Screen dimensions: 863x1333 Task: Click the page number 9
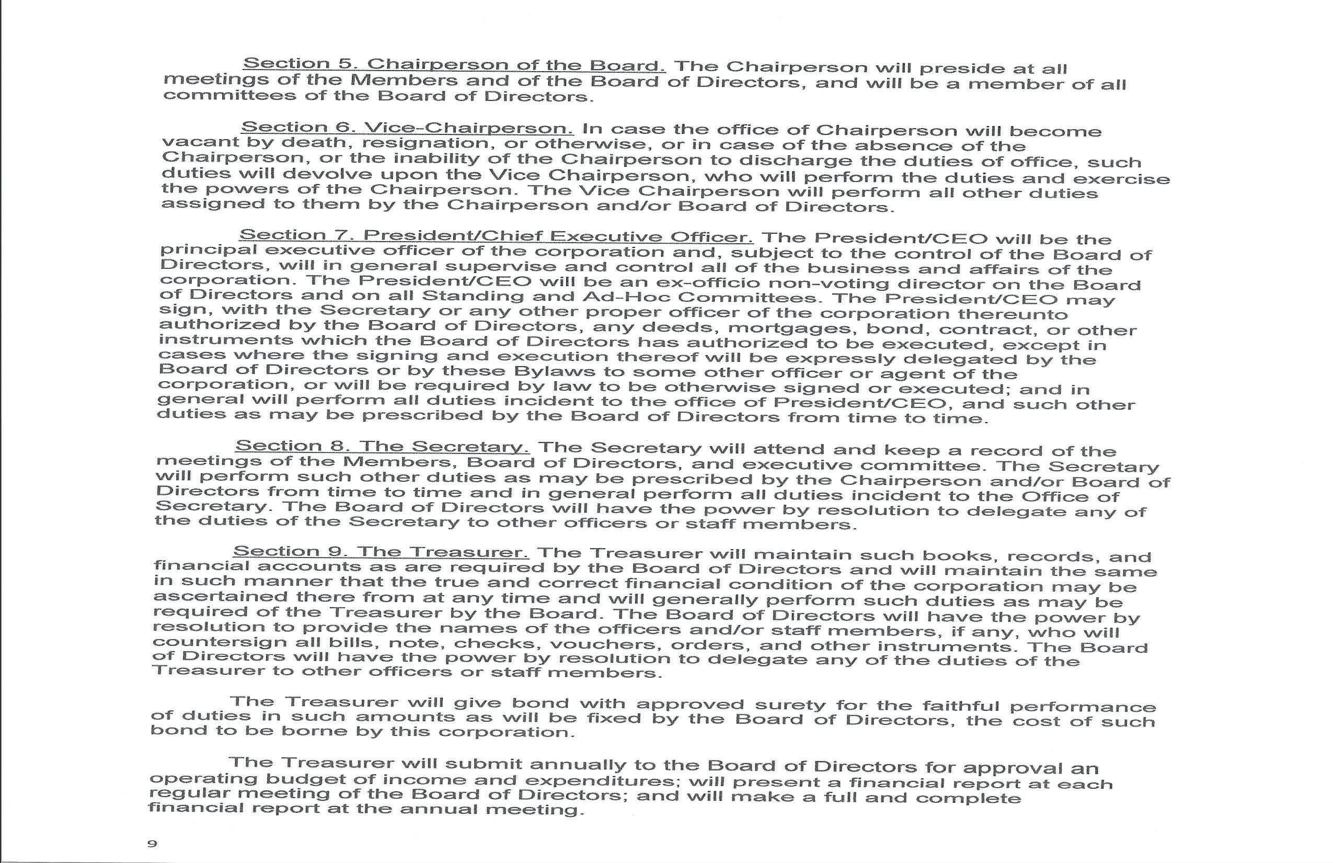[152, 843]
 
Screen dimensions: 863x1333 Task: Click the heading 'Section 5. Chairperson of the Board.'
[454, 64]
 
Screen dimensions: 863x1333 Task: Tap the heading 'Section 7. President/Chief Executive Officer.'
[496, 236]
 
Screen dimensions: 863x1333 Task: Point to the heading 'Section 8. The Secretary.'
[383, 447]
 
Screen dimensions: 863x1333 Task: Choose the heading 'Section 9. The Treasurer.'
[382, 551]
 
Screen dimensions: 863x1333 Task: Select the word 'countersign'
[202, 642]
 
